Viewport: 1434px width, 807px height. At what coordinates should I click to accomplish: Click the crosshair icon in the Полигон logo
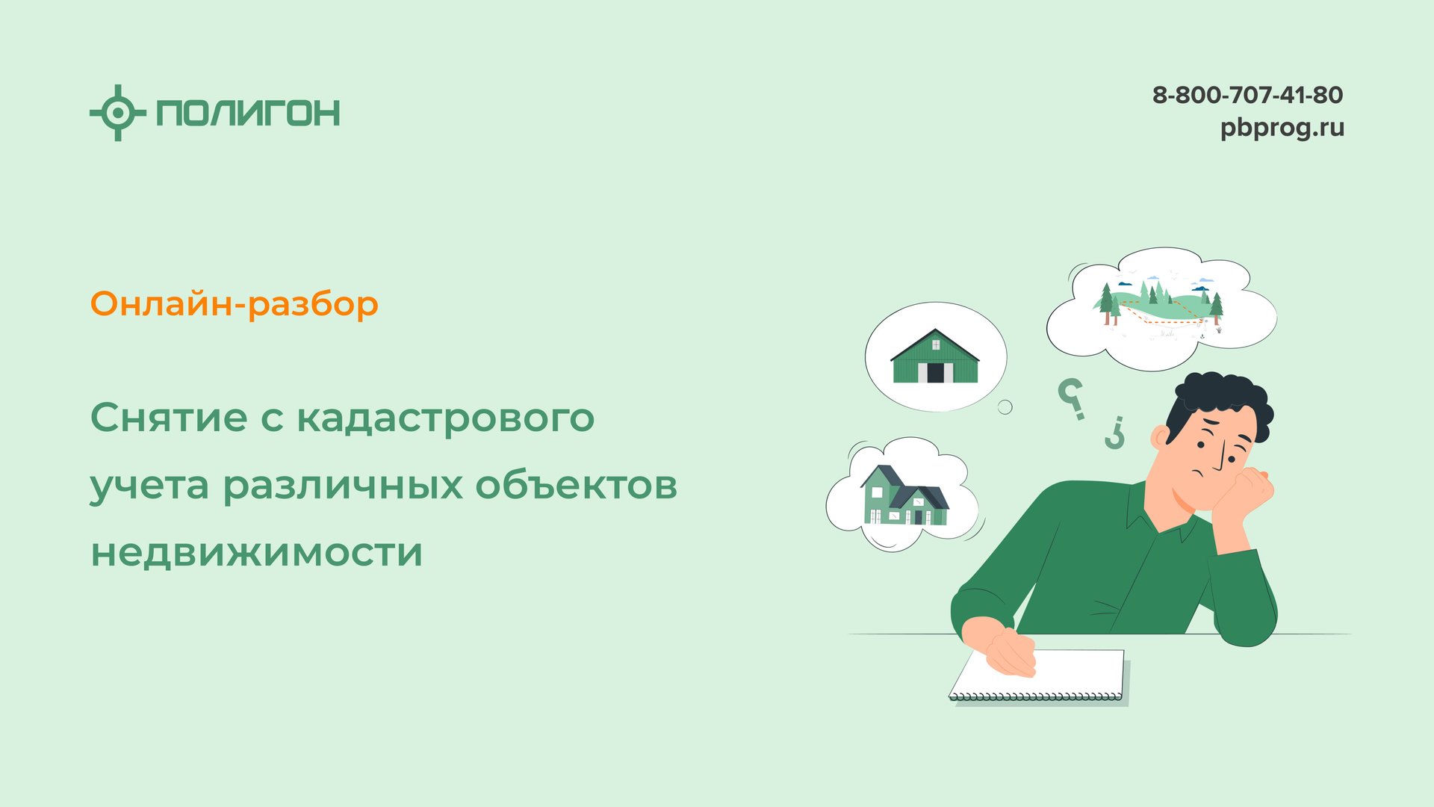pos(117,113)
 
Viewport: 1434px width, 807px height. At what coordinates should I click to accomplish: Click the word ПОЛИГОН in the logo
pos(248,113)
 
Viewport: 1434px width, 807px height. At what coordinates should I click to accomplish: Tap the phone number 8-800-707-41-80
pos(1247,95)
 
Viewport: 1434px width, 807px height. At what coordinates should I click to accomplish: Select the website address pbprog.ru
pos(1282,128)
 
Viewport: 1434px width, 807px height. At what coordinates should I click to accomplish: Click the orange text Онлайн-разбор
pos(235,304)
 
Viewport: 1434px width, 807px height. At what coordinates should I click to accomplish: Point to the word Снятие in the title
pos(169,417)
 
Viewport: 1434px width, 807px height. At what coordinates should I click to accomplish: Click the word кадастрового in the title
pos(446,418)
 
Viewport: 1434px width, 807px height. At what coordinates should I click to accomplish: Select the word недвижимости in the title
pos(257,553)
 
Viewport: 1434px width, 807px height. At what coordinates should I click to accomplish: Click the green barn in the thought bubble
pos(935,357)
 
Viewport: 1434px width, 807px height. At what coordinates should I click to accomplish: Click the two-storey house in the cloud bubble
pos(904,496)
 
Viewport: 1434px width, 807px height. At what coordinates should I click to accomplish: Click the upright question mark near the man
pos(1072,398)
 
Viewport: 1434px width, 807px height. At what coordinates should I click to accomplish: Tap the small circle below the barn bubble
pos(1005,407)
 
